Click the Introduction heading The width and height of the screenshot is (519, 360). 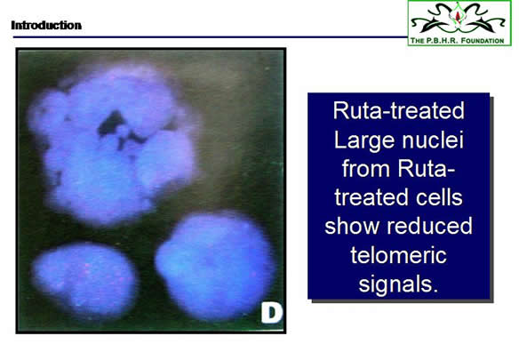46,25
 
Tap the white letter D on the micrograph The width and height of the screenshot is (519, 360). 271,313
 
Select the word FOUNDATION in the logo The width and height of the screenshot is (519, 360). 483,41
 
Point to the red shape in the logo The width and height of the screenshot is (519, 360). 458,16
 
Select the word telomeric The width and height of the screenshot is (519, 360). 398,255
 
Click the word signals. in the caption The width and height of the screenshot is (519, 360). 398,285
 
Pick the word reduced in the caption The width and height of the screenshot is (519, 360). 429,226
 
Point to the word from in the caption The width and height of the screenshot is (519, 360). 366,168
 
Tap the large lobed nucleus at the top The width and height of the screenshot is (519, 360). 113,142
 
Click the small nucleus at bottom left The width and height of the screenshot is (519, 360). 84,278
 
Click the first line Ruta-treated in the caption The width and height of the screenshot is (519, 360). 398,110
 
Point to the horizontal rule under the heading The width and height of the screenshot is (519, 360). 211,37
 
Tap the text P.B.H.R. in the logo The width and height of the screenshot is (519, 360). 443,41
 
